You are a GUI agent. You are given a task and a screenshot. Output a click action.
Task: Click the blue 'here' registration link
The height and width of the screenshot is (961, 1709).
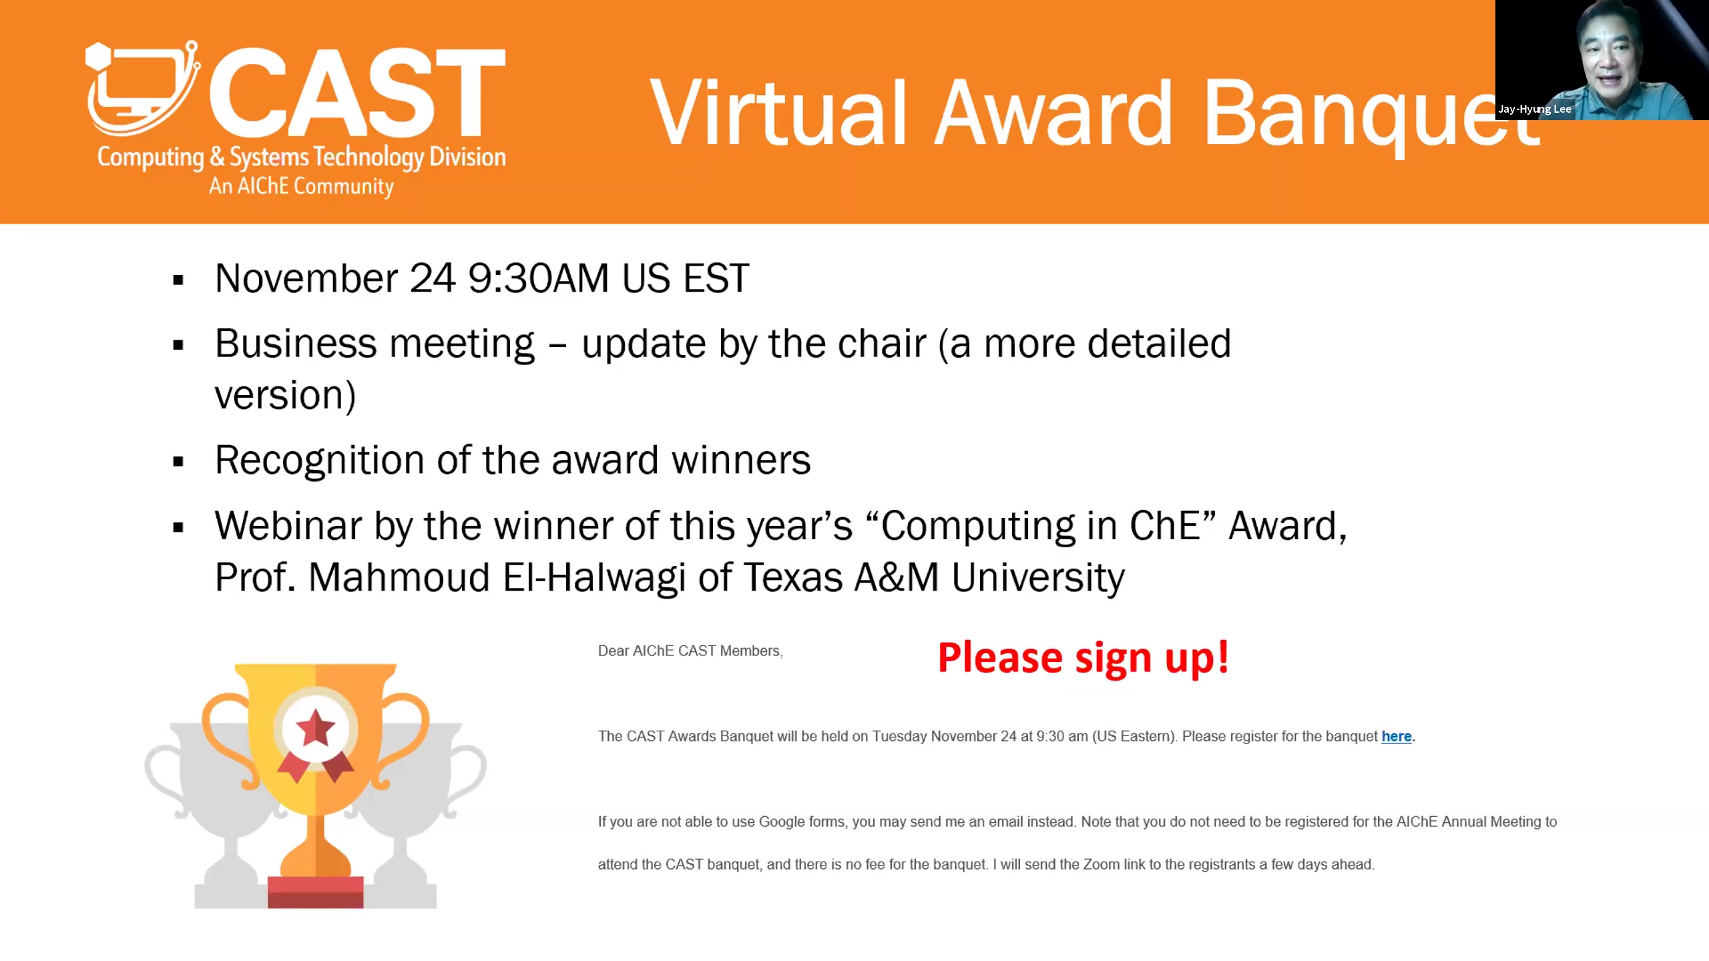pyautogui.click(x=1396, y=736)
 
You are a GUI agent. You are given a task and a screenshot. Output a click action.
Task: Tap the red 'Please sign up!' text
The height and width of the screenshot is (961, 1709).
pyautogui.click(x=1083, y=658)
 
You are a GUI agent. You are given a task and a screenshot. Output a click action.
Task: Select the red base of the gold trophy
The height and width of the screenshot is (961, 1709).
pyautogui.click(x=316, y=892)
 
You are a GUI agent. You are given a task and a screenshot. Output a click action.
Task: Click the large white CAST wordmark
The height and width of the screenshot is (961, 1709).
pyautogui.click(x=357, y=91)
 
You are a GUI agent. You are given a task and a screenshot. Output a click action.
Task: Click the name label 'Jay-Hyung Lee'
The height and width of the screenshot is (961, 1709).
pyautogui.click(x=1534, y=109)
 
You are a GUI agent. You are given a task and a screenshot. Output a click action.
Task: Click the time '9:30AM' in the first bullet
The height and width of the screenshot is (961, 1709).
pyautogui.click(x=538, y=278)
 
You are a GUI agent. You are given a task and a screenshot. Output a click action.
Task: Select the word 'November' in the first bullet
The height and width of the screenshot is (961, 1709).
pyautogui.click(x=306, y=278)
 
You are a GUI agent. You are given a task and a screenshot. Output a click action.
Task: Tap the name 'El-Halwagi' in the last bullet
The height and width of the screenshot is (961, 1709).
pyautogui.click(x=594, y=578)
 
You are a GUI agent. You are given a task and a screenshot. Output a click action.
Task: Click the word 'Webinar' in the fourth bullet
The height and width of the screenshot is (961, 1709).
pyautogui.click(x=288, y=525)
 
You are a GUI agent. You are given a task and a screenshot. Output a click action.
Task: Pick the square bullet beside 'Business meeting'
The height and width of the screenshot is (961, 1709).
pyautogui.click(x=178, y=345)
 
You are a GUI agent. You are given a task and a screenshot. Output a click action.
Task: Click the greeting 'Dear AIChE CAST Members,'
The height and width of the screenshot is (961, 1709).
pyautogui.click(x=690, y=651)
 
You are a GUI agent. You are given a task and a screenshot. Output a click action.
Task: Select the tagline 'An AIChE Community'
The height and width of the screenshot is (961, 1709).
pyautogui.click(x=301, y=186)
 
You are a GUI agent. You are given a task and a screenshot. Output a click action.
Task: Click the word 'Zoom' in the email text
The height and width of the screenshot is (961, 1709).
pyautogui.click(x=1101, y=864)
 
